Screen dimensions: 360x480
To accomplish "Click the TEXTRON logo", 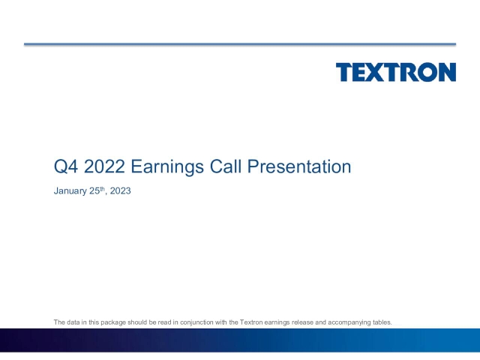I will click(395, 73).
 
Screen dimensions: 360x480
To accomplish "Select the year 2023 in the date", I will click(120, 192).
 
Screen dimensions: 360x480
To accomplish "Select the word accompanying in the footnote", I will click(349, 322).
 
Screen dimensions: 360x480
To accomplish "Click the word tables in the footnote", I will click(382, 322).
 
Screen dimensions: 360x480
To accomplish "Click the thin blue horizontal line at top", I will click(240, 44).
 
